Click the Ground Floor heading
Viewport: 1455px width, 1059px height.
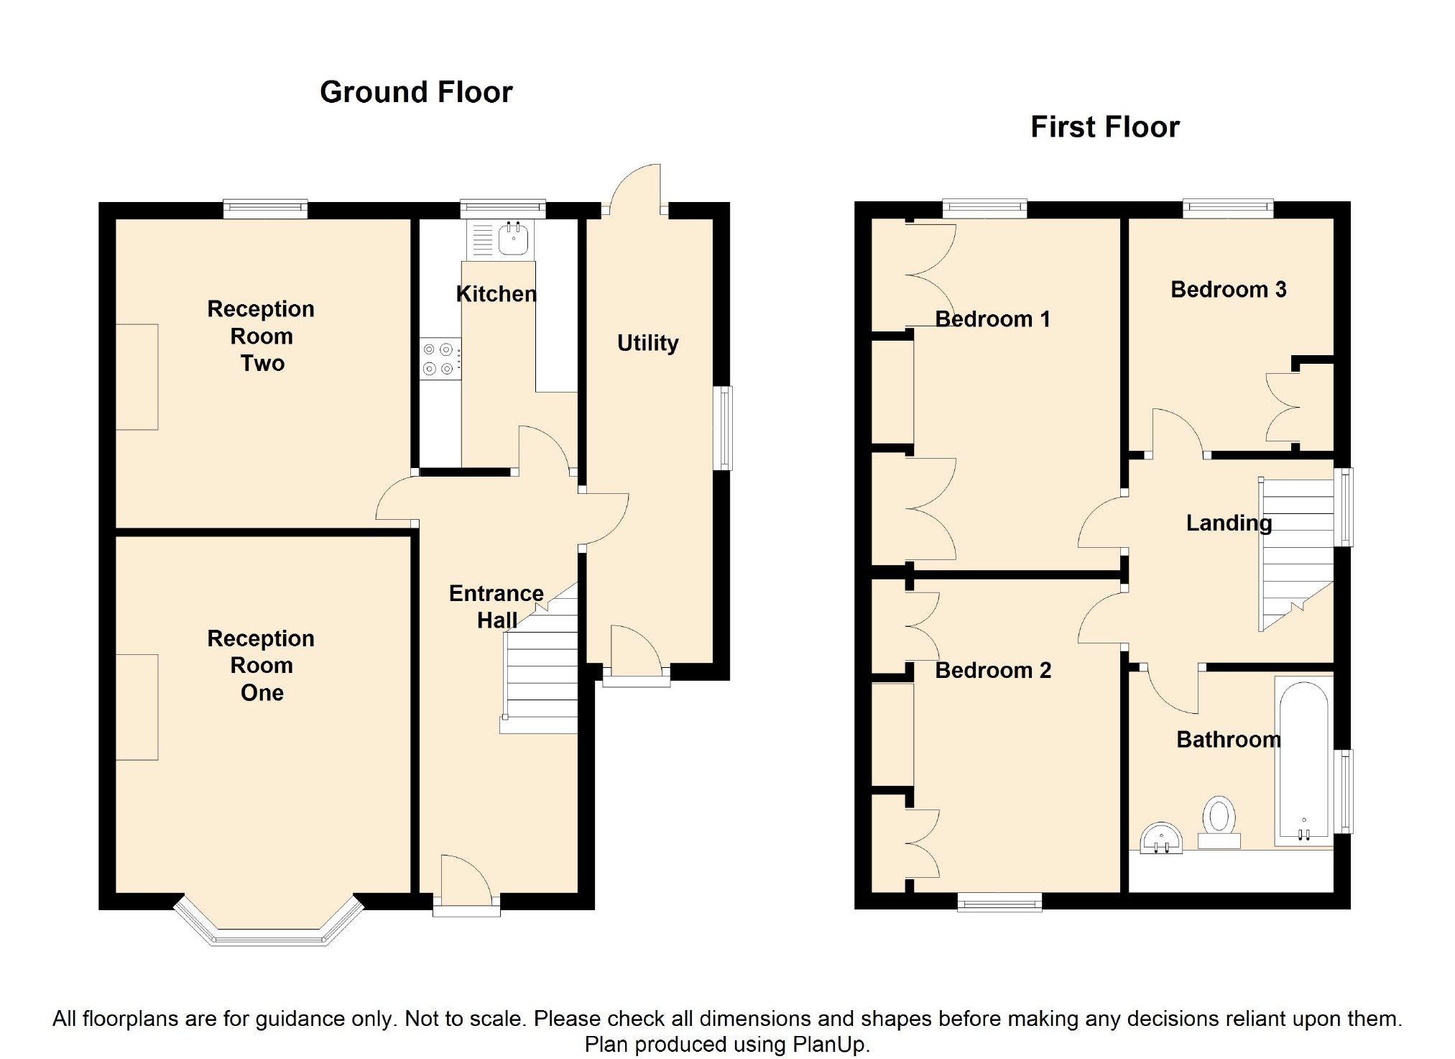pos(416,93)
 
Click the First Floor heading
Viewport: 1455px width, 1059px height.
pos(1105,127)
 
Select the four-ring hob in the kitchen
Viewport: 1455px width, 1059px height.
pos(440,359)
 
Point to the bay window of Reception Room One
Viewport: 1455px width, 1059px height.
pos(269,924)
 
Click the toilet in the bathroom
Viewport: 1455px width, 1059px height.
pos(1219,822)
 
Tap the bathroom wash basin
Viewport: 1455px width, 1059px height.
pos(1161,838)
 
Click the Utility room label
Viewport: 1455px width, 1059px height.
pos(648,344)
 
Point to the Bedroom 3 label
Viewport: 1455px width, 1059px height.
pos(1229,290)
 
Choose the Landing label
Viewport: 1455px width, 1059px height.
pos(1229,523)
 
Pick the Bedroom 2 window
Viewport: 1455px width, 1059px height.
pos(999,902)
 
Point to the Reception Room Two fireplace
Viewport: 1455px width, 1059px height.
pos(137,377)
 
